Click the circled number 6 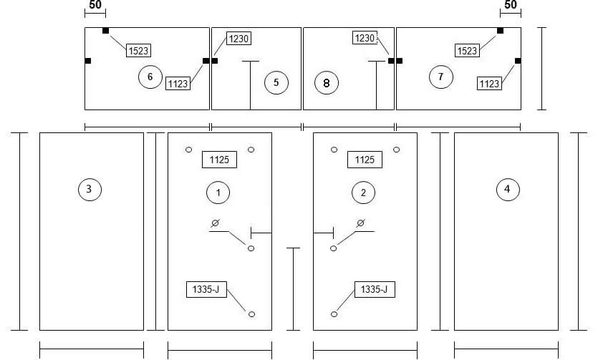tap(150, 77)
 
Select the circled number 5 tap(276, 82)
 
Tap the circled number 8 tap(327, 83)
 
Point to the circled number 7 tap(441, 77)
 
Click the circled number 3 tap(90, 189)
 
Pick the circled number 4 tap(508, 189)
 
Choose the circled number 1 tap(218, 193)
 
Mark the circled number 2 tap(363, 193)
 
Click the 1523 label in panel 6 tap(138, 50)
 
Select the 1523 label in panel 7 tap(467, 50)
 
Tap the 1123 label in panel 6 tap(178, 84)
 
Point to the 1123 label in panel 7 tap(489, 84)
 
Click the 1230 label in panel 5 tap(238, 39)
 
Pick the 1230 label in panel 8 tap(365, 38)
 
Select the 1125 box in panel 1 tap(219, 160)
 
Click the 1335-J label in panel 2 tap(375, 290)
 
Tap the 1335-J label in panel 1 tap(206, 290)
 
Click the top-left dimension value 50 tap(95, 4)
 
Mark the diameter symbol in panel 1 tap(215, 223)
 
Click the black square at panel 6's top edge tap(106, 31)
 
